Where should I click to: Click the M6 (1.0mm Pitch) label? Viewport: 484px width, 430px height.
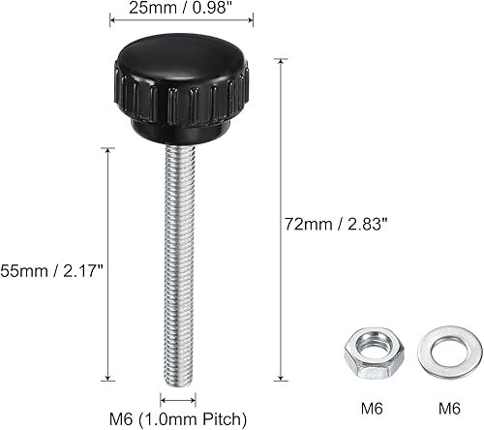coord(178,418)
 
